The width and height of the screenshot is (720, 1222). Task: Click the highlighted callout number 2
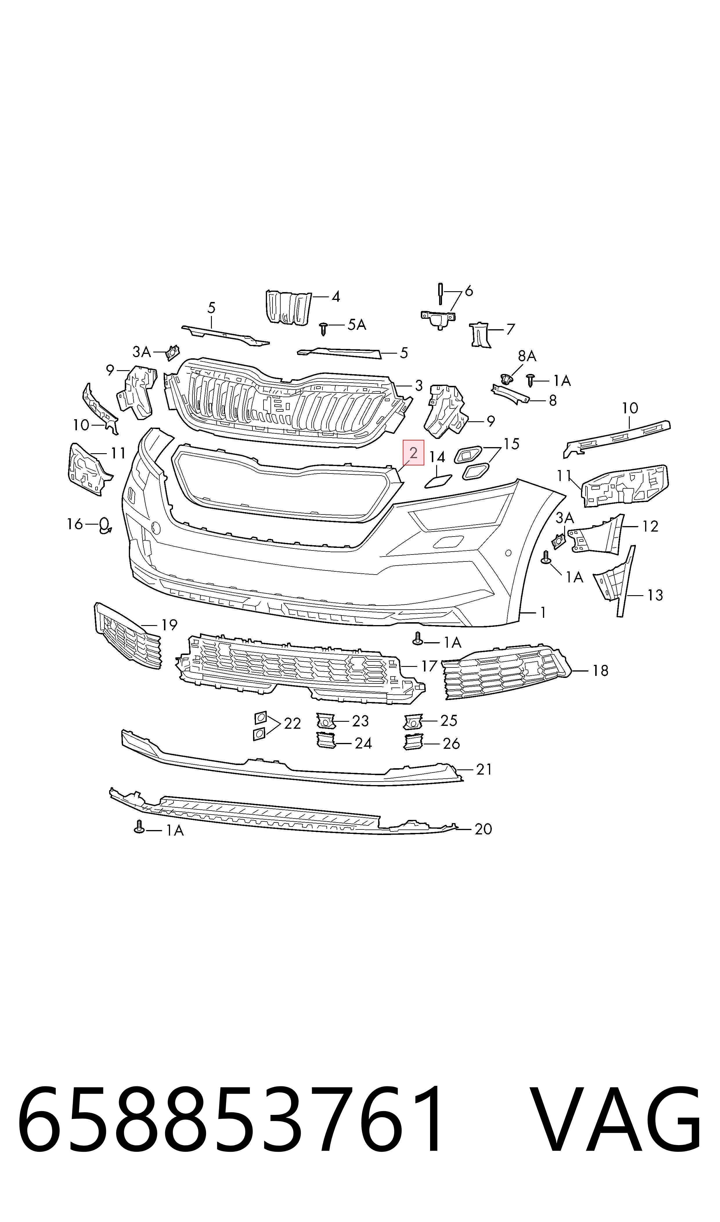413,453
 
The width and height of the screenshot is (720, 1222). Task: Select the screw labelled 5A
324,329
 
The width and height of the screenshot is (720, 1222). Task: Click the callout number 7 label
510,330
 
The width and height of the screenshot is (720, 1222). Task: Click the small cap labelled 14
439,481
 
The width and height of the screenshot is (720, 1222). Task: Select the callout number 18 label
600,671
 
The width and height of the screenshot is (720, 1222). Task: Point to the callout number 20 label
483,829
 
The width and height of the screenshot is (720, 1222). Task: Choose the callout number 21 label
484,769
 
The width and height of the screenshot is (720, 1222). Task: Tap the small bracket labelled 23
326,721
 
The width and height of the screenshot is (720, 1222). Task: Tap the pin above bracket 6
441,294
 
